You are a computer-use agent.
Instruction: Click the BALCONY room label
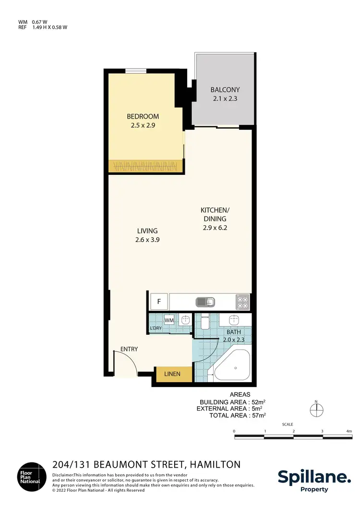point(225,90)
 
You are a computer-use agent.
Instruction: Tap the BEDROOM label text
point(143,117)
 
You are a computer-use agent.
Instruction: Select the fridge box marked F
point(158,302)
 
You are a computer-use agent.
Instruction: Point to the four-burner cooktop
point(242,302)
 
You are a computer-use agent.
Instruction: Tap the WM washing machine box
point(169,320)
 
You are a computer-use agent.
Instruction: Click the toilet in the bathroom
point(204,323)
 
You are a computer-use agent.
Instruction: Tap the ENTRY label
point(129,349)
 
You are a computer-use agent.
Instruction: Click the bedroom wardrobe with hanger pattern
point(145,166)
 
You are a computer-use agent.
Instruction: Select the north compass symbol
point(316,410)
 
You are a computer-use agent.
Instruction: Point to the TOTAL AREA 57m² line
point(237,415)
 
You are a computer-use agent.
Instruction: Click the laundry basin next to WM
point(185,321)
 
